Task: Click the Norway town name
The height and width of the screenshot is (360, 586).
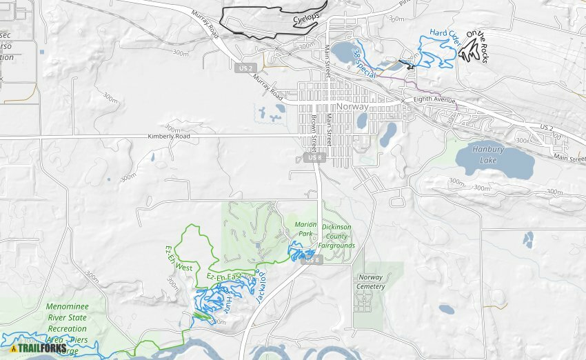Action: click(x=353, y=107)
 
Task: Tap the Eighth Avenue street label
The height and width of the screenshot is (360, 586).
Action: click(x=434, y=101)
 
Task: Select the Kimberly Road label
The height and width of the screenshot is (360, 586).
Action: click(x=168, y=137)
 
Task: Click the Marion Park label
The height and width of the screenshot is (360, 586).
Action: click(x=305, y=229)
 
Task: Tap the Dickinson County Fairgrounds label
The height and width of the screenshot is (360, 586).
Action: click(x=336, y=236)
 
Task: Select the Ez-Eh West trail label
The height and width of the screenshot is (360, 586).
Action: click(x=178, y=257)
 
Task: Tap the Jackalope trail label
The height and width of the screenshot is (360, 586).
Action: click(x=261, y=287)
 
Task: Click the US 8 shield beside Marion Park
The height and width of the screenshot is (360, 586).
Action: click(x=312, y=260)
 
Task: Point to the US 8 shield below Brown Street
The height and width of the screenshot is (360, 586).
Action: click(x=314, y=158)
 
